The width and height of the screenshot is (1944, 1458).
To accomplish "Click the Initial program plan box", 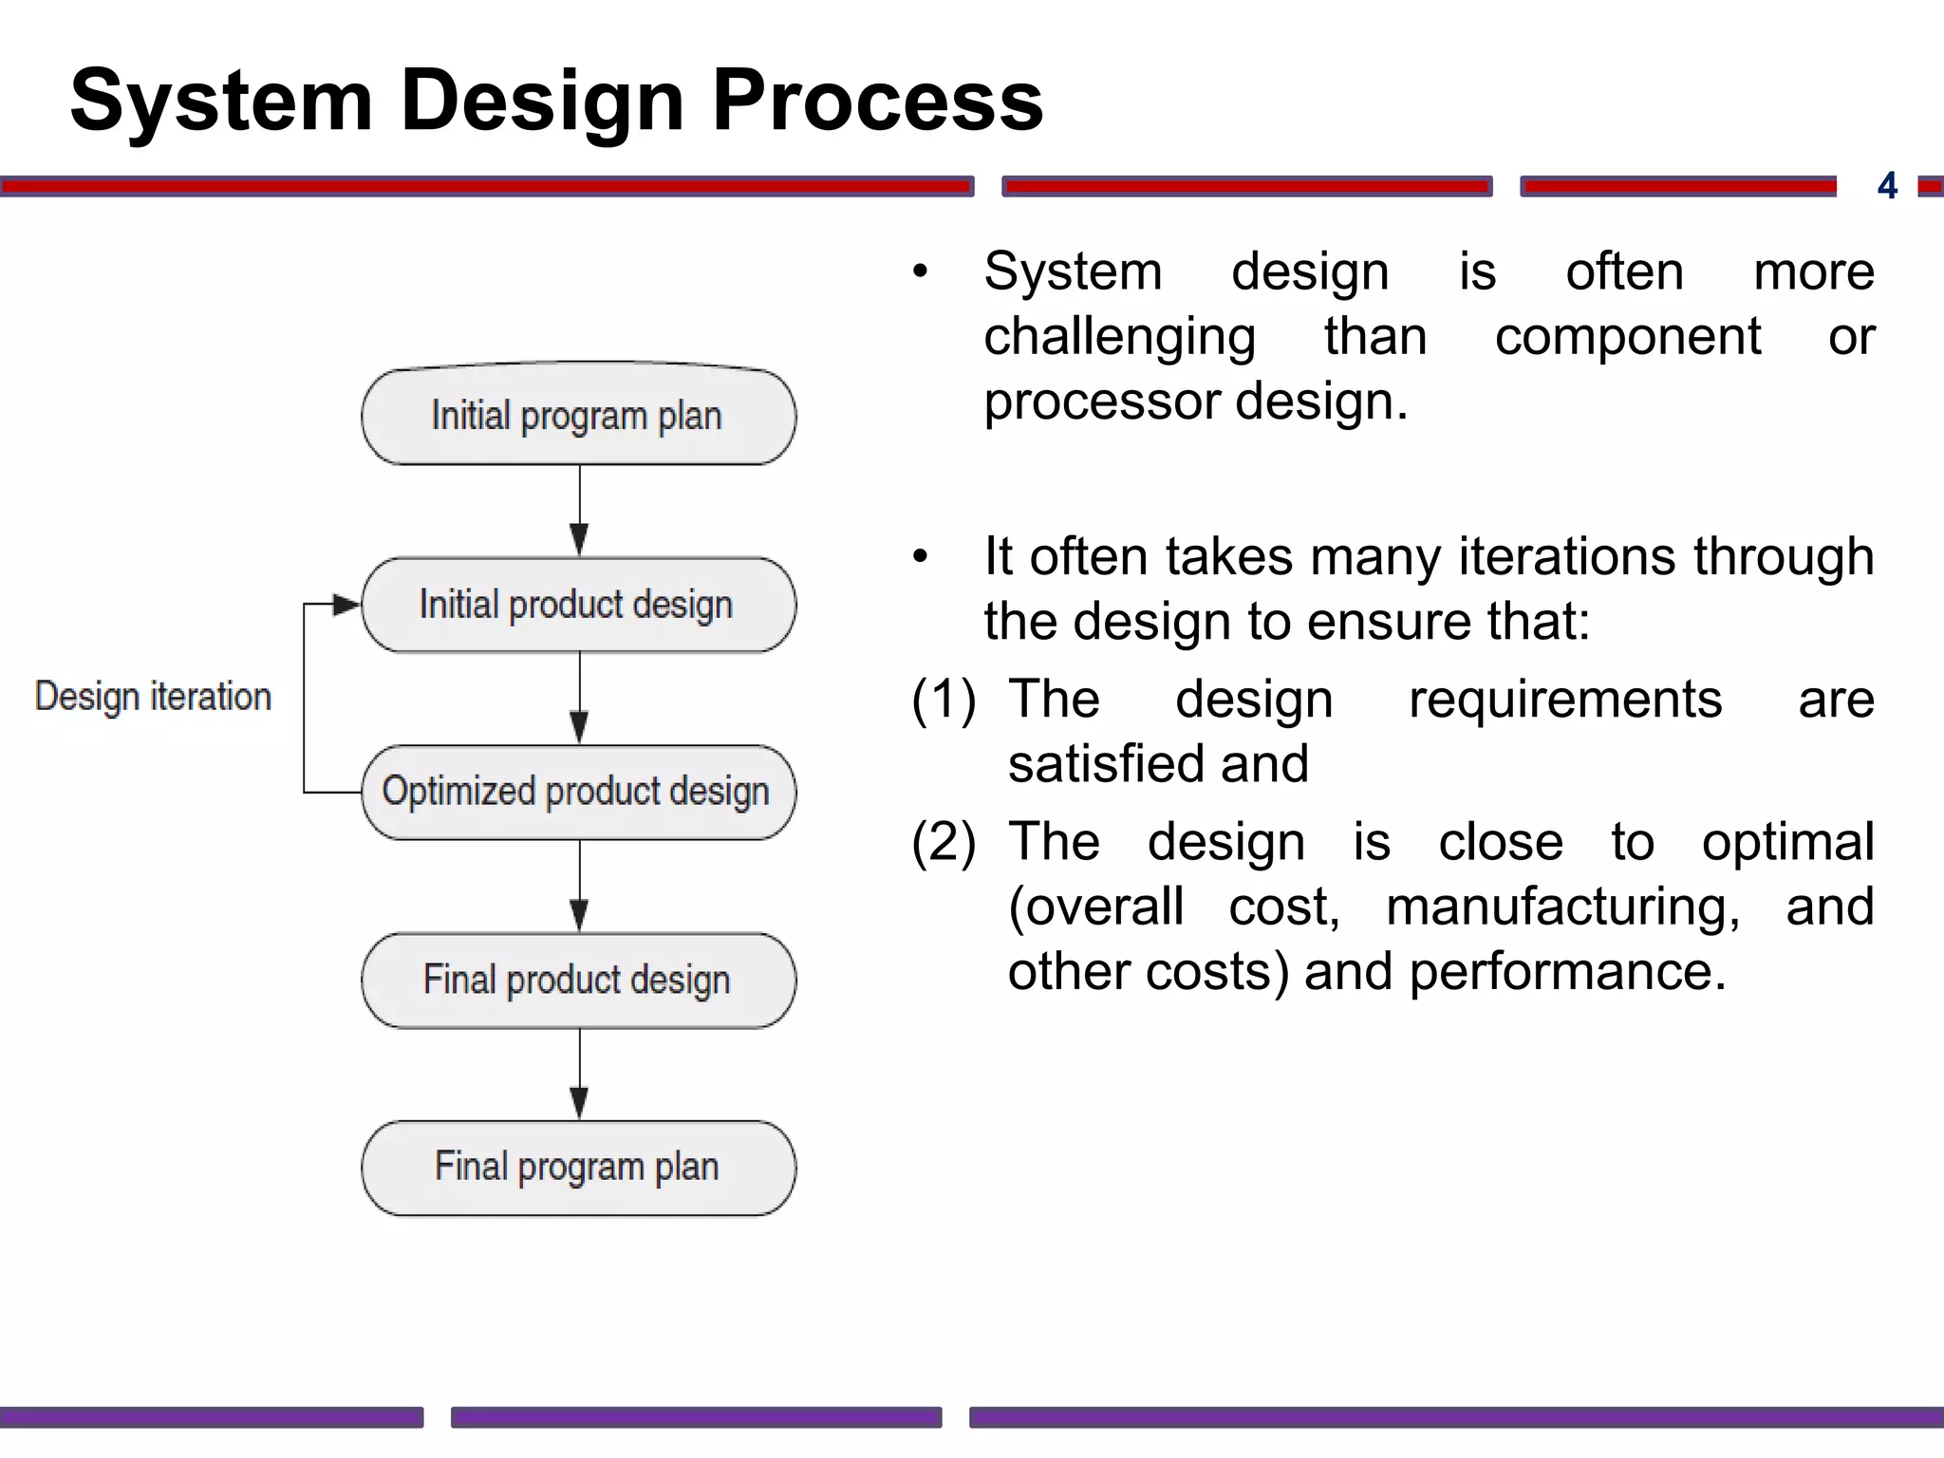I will click(578, 416).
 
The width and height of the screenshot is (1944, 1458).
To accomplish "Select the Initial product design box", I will click(578, 605).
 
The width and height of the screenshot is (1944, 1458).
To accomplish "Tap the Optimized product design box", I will click(578, 792).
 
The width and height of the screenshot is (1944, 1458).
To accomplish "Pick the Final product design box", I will click(578, 980).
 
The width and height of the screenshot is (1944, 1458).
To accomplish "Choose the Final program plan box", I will click(578, 1168).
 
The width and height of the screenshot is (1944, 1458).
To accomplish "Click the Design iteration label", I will click(153, 697).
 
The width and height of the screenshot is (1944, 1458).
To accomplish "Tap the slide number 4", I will click(1887, 185).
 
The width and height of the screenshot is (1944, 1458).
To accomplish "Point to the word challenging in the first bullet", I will click(1119, 337).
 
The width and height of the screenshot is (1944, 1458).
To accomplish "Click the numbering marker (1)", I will click(944, 700).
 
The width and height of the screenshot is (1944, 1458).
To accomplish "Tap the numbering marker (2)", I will click(944, 842).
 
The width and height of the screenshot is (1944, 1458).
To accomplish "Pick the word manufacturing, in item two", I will click(1562, 907).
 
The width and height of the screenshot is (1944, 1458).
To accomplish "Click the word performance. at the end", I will click(1567, 972).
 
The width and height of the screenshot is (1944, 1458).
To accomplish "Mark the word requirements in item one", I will click(1564, 700).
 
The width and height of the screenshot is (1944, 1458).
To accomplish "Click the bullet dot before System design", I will click(919, 272).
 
